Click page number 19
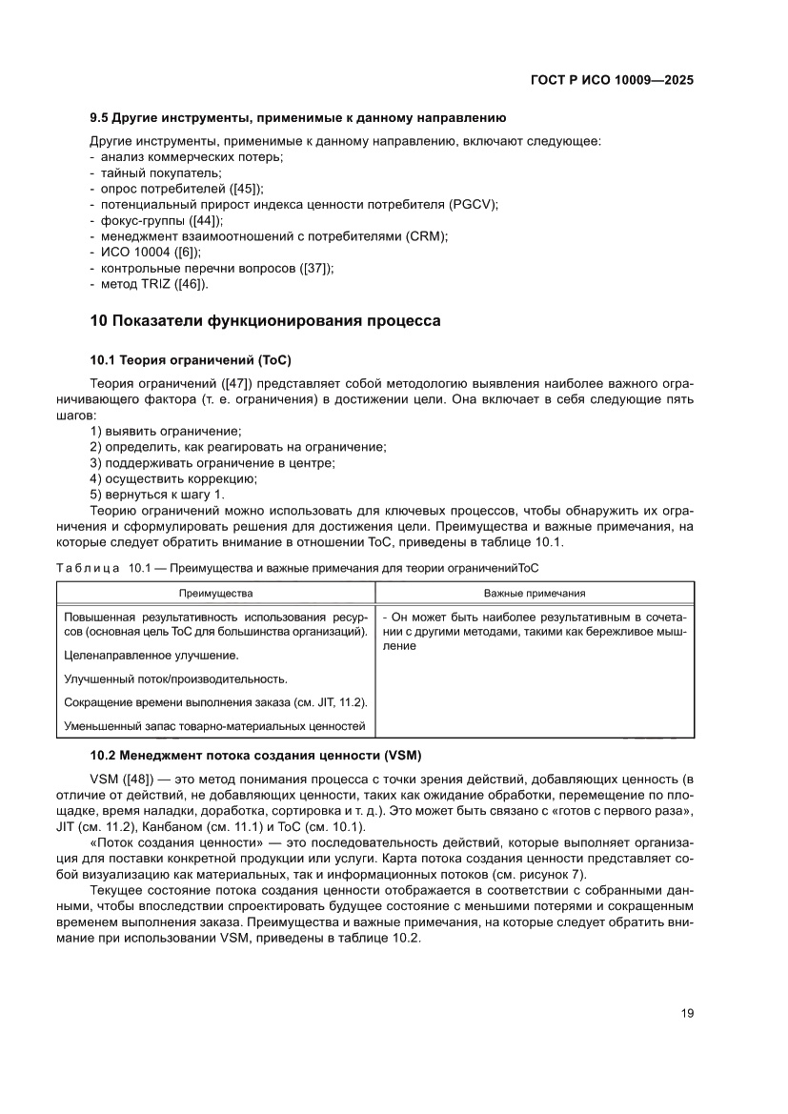(x=687, y=1014)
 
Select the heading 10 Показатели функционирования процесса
(x=265, y=321)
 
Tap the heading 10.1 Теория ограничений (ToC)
(x=190, y=359)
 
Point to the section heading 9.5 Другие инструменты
(x=296, y=118)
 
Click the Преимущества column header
(x=216, y=593)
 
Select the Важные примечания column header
(x=535, y=593)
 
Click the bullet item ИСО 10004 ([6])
(x=150, y=253)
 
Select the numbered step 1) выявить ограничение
(x=165, y=432)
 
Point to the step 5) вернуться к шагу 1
(x=157, y=494)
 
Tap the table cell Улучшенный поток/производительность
(x=175, y=679)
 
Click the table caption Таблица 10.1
(x=105, y=568)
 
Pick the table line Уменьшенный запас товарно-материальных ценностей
(x=214, y=726)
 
